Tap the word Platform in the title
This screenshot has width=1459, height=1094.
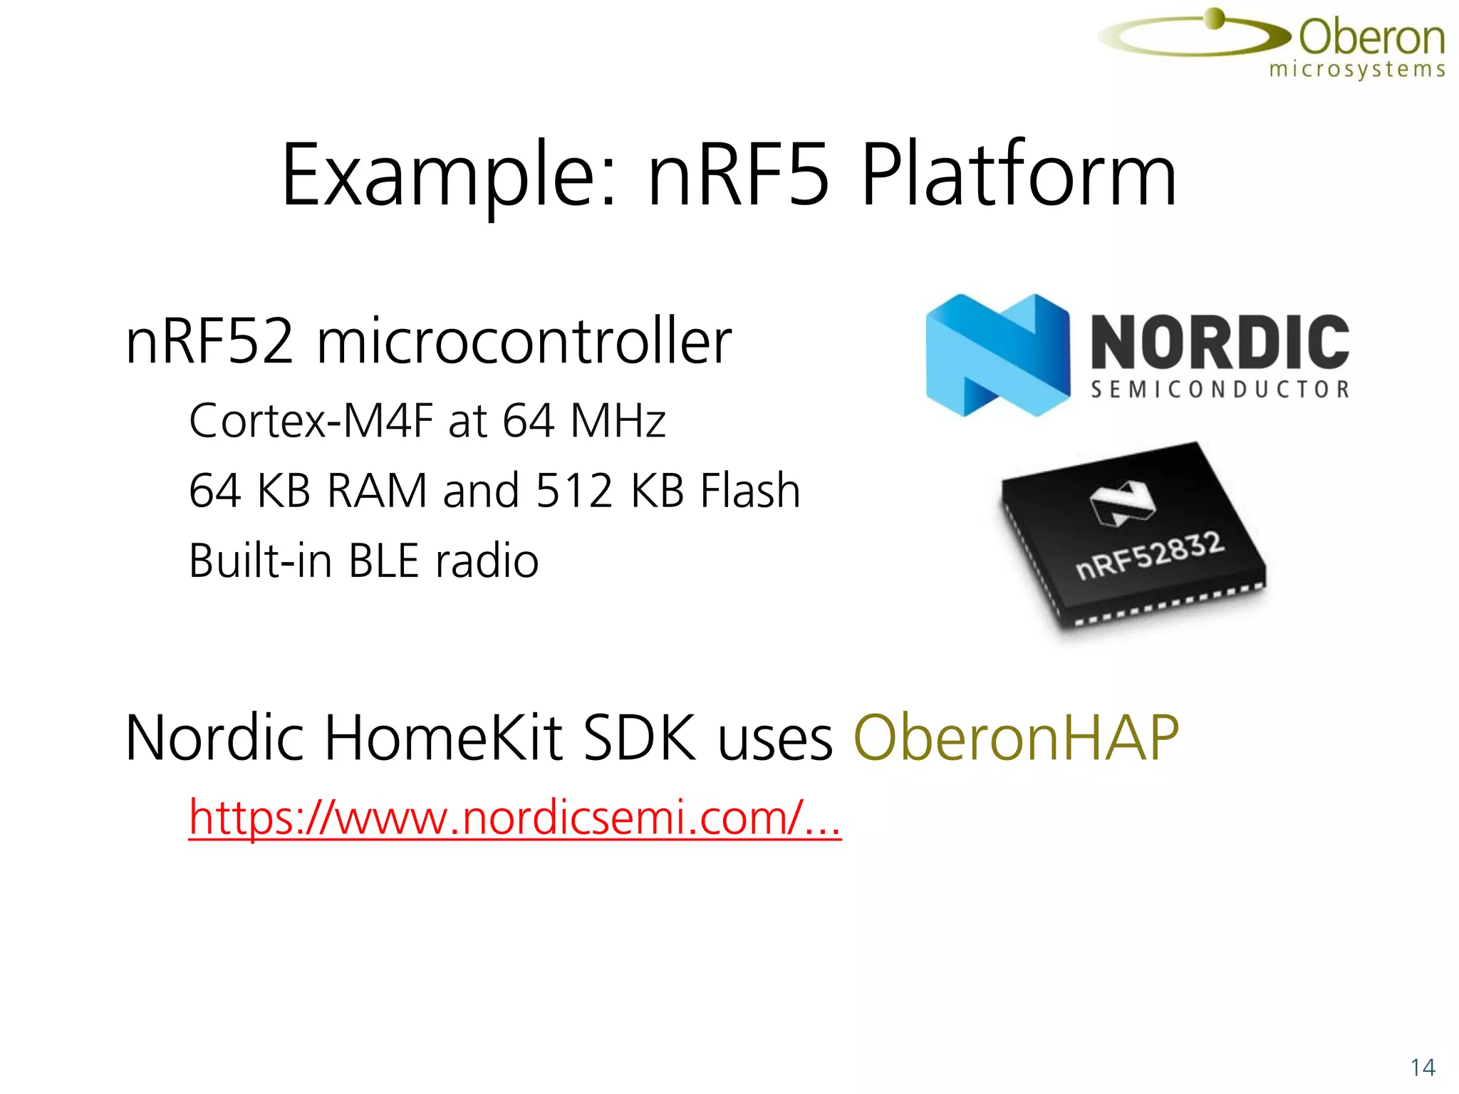pos(1019,177)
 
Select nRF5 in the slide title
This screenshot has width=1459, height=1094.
pos(739,177)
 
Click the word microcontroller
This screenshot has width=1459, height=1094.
pos(524,342)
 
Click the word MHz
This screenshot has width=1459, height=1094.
pos(618,420)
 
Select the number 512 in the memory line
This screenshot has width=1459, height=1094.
pos(574,491)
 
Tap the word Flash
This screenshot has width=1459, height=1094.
pos(750,491)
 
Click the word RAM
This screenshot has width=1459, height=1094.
pos(377,491)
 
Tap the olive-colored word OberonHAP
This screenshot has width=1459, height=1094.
pos(1016,738)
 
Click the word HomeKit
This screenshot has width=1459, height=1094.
pos(445,738)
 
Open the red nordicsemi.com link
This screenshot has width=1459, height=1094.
pos(514,818)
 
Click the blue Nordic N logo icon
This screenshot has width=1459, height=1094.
pos(997,355)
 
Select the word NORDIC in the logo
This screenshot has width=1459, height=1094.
pos(1220,342)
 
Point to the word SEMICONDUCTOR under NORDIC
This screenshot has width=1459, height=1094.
pos(1220,390)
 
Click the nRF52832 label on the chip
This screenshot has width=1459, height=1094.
pos(1150,556)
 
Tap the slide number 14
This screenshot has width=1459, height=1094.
pos(1422,1068)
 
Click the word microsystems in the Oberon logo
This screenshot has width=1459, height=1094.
pos(1357,70)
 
